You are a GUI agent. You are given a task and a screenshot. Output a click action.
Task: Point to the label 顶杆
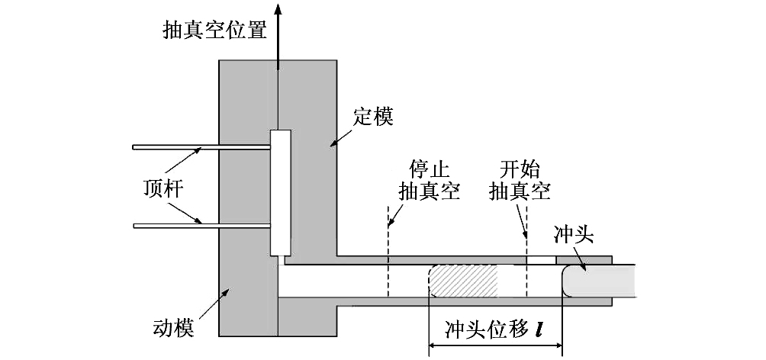pos(163,187)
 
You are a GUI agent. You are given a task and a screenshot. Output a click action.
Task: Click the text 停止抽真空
pos(428,180)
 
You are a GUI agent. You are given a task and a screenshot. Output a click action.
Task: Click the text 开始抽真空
pos(520,180)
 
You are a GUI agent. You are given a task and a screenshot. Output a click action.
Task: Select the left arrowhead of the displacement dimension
pos(433,347)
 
